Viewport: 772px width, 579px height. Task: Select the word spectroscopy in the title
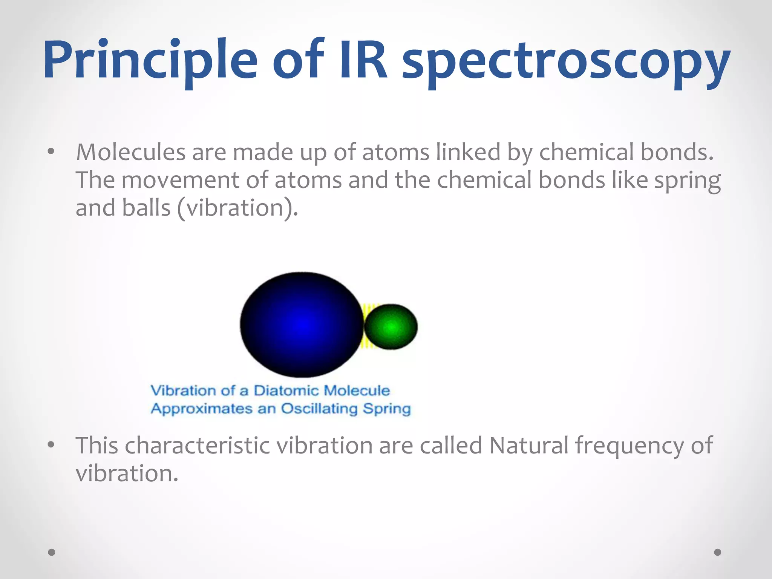[x=565, y=62]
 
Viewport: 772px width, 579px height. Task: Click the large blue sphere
[x=302, y=325]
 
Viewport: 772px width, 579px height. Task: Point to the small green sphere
[x=391, y=326]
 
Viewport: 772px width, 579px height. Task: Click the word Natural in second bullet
[x=529, y=446]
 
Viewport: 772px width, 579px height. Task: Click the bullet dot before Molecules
[x=51, y=152]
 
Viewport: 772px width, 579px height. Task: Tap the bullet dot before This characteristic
[x=51, y=445]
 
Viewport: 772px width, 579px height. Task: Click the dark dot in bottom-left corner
[x=52, y=552]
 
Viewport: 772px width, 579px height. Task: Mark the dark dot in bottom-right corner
[x=718, y=552]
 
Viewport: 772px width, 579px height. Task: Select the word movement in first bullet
[x=180, y=180]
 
